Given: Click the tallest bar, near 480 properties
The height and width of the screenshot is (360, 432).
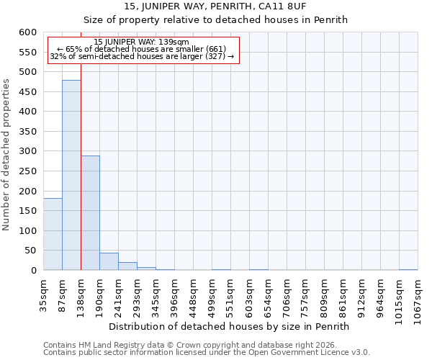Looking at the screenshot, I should (x=71, y=175).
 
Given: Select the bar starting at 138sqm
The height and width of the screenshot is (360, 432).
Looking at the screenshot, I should (x=90, y=212).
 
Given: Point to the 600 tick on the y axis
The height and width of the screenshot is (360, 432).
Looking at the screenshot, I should (x=27, y=32).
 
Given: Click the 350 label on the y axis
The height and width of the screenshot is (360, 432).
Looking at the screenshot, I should (x=27, y=132).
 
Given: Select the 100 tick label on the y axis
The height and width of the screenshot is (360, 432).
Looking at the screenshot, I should (x=27, y=231).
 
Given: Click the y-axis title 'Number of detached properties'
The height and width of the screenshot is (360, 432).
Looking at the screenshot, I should (x=7, y=155).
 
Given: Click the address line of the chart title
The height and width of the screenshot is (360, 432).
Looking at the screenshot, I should (x=215, y=6).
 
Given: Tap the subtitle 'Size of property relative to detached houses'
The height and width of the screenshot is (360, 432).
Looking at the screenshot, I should (x=215, y=19).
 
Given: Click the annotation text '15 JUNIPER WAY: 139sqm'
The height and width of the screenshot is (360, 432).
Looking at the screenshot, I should (x=142, y=42).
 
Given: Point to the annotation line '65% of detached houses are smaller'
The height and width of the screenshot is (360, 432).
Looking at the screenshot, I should (x=142, y=49).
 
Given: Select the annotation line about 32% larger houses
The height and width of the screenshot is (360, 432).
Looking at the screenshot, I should (x=142, y=56).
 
